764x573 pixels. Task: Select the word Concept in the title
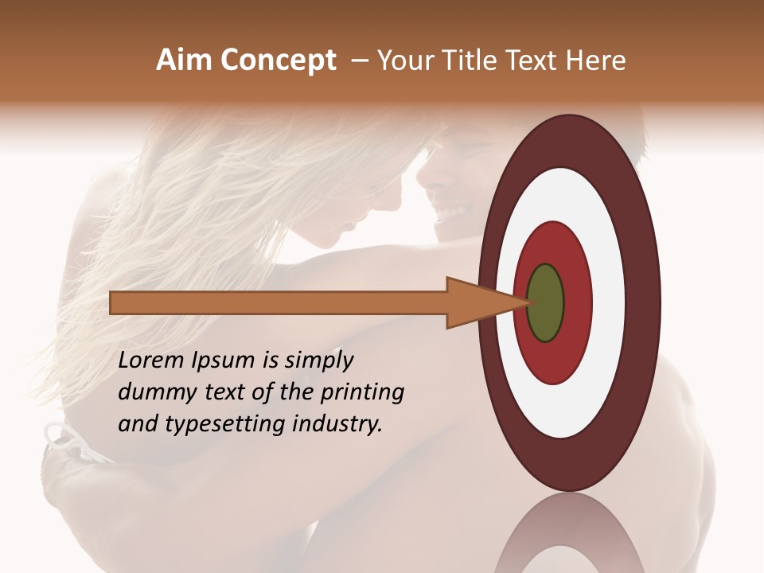coord(278,60)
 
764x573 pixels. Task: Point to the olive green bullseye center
coord(545,303)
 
